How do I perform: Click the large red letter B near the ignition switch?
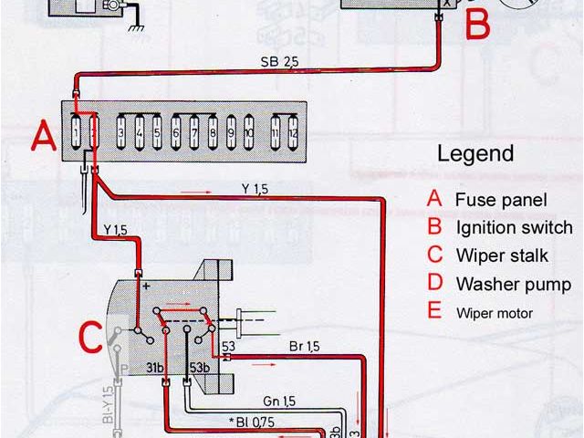(479, 25)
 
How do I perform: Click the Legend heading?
(475, 153)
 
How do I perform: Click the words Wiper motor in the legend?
(507, 313)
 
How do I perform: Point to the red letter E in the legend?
(433, 311)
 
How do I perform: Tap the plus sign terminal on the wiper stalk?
(144, 287)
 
